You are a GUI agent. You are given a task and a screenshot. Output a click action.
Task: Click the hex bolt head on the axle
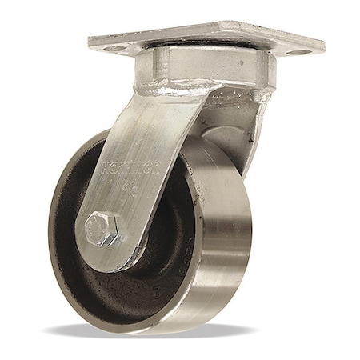[x=103, y=230]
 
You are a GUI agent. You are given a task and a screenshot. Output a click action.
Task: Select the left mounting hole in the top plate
[x=114, y=48]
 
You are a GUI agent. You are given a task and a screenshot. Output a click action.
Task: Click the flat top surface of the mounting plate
[x=208, y=36]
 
